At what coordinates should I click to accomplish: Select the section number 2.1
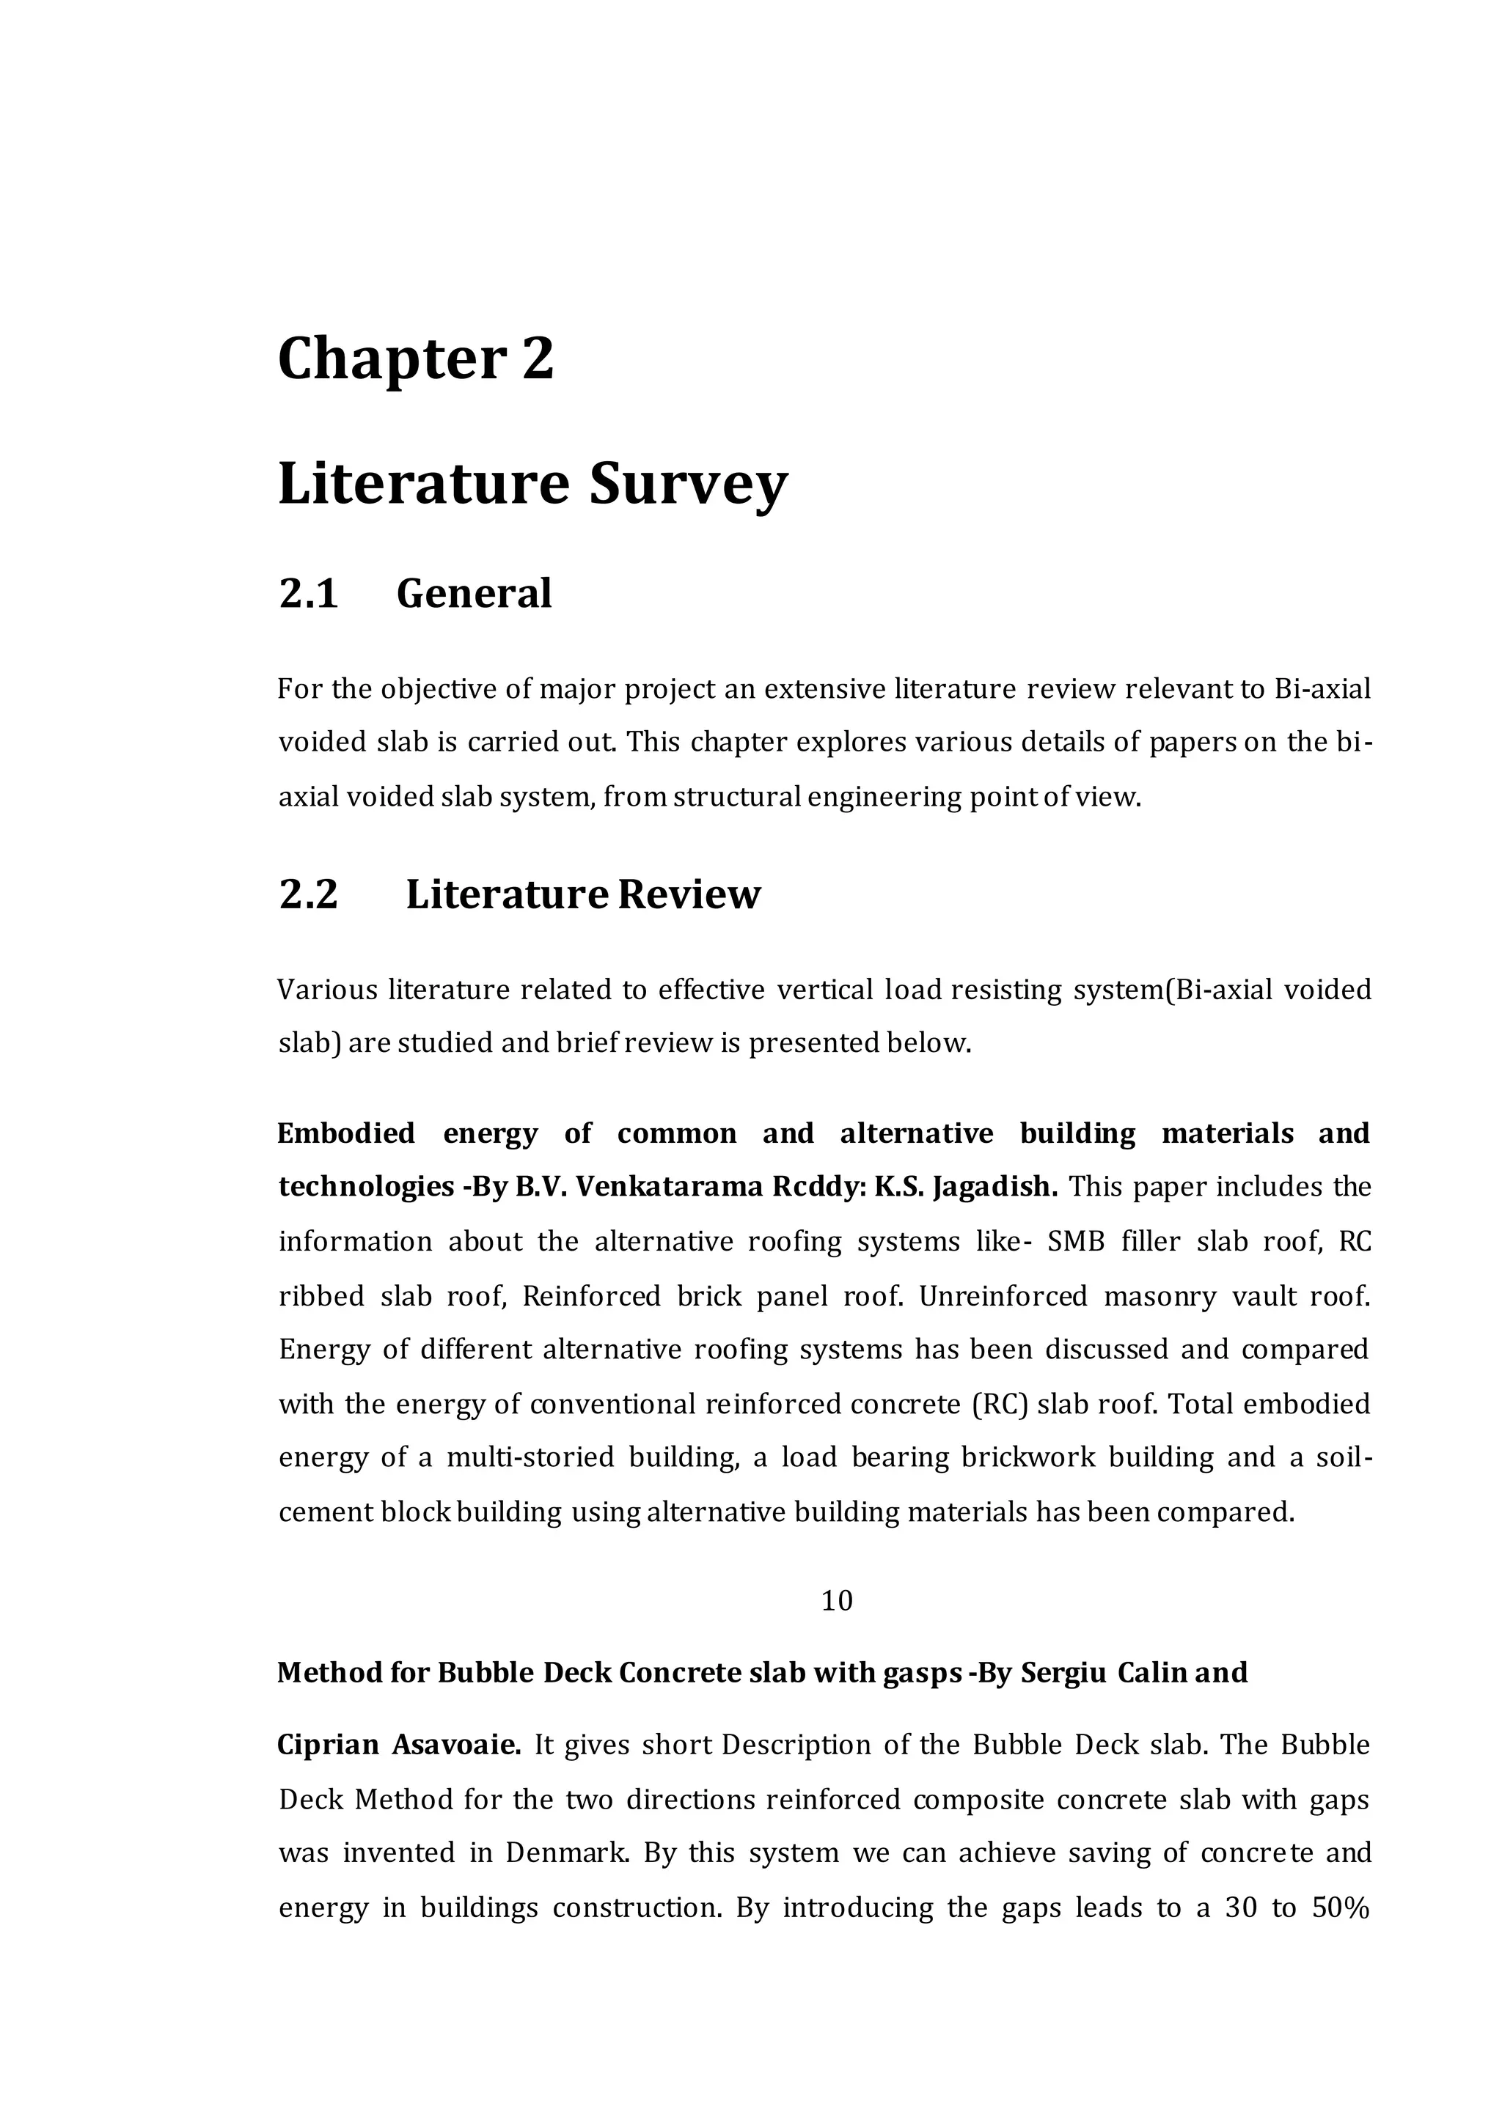pos(308,594)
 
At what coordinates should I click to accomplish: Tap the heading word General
pos(474,594)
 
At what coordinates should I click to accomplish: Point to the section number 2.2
pos(308,894)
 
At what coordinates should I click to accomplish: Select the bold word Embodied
pos(346,1133)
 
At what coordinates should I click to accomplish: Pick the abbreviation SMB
pos(1076,1242)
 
